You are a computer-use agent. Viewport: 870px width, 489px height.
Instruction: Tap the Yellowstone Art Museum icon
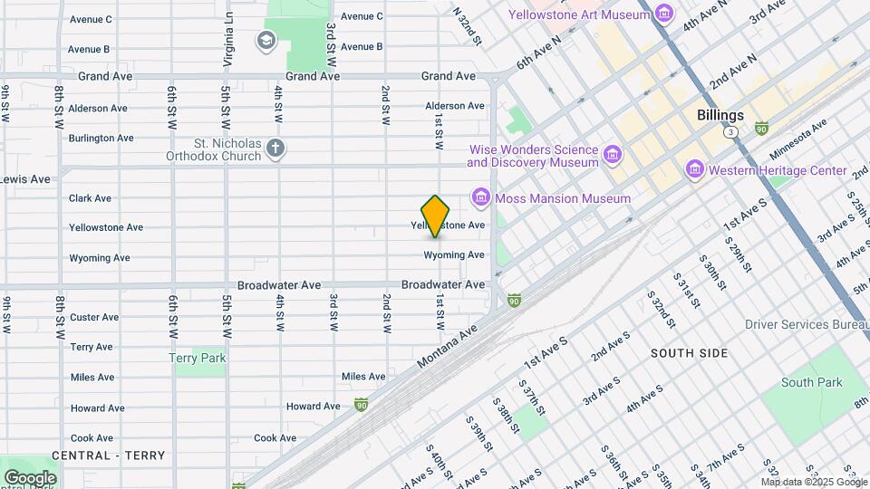665,14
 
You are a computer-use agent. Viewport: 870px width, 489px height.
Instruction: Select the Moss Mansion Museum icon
481,197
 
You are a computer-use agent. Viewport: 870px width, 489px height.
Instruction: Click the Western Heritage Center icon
695,169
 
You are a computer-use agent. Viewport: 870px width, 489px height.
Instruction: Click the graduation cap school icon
266,40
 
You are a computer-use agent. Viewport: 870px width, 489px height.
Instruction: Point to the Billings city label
720,115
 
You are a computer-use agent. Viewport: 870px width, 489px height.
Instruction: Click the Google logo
30,477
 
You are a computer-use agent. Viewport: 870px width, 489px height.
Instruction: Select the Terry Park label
197,358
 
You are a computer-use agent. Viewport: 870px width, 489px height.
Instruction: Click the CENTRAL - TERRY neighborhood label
109,455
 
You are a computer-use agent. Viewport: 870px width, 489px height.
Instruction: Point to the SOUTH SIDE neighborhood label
690,350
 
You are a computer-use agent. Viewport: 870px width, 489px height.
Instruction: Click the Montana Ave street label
448,348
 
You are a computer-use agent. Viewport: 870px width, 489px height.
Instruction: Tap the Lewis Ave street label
25,178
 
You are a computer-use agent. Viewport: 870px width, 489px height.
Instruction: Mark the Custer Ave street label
94,317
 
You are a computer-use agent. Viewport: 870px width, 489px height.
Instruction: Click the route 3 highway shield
730,132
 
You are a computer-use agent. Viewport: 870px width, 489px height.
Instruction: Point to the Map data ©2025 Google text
813,481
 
